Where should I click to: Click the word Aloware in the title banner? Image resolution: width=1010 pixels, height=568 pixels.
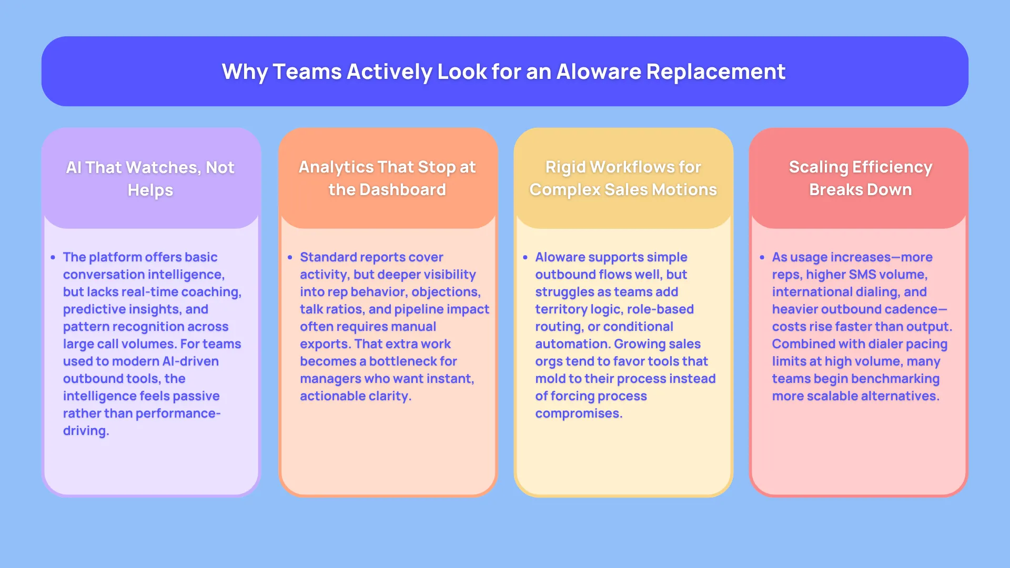tap(598, 72)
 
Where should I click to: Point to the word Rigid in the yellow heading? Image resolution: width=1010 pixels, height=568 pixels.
tap(565, 167)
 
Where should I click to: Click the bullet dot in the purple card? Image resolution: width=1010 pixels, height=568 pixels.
tap(53, 258)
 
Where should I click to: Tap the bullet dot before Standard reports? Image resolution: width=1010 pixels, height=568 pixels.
tap(290, 258)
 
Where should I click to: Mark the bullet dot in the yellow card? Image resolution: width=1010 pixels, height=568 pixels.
tap(525, 258)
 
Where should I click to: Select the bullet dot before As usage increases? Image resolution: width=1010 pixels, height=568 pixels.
tap(762, 258)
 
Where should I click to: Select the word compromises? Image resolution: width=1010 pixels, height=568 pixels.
tap(578, 413)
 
